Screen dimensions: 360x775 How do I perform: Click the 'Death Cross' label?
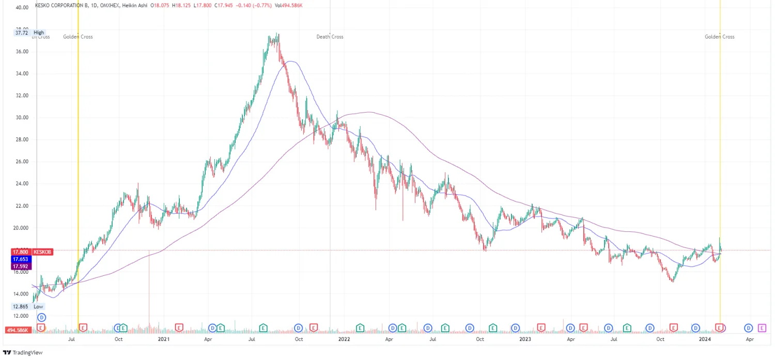[x=330, y=37]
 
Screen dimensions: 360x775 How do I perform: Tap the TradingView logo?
[x=23, y=353]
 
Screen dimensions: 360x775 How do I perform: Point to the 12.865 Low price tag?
[x=21, y=306]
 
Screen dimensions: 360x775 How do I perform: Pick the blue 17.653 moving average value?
[x=20, y=259]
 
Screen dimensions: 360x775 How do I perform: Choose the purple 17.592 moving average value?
[x=20, y=267]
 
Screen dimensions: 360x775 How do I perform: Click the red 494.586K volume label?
[x=19, y=330]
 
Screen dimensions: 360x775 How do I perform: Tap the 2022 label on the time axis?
[x=344, y=339]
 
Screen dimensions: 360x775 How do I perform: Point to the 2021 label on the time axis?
[x=163, y=339]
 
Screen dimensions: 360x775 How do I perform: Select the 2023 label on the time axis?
[x=525, y=339]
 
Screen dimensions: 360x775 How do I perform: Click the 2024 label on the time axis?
[x=705, y=339]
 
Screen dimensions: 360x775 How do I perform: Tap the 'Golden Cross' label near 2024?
[x=719, y=37]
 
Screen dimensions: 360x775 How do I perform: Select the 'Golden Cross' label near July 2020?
[x=78, y=37]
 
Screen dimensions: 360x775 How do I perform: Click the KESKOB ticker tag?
[x=42, y=252]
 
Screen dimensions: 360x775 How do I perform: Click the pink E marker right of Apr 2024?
[x=762, y=327]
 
